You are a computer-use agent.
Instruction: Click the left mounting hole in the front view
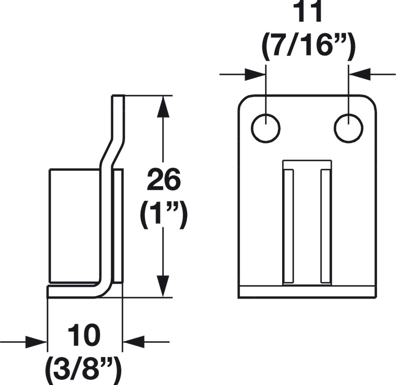tap(266, 128)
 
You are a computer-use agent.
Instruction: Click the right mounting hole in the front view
tap(349, 128)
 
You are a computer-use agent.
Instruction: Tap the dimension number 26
tap(163, 180)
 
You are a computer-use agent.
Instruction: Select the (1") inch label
tap(163, 214)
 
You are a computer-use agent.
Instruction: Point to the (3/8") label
tap(83, 370)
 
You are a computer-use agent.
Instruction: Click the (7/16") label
tap(309, 46)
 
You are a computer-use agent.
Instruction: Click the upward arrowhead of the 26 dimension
tap(163, 107)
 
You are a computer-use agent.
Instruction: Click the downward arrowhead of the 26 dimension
tap(163, 286)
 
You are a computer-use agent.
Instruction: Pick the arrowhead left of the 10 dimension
tap(36, 342)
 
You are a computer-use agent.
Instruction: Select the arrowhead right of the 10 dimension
tap(133, 342)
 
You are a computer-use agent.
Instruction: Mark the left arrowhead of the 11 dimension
tap(255, 74)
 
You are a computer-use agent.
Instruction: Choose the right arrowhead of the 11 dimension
tap(360, 74)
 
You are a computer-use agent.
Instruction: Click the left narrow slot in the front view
tap(288, 226)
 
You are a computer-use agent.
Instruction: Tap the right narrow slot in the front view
tap(326, 226)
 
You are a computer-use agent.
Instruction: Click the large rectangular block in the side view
tap(75, 225)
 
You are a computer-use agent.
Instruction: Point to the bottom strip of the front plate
tap(307, 293)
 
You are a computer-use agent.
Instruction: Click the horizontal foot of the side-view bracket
tap(73, 292)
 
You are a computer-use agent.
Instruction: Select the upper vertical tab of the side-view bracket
tap(118, 116)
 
